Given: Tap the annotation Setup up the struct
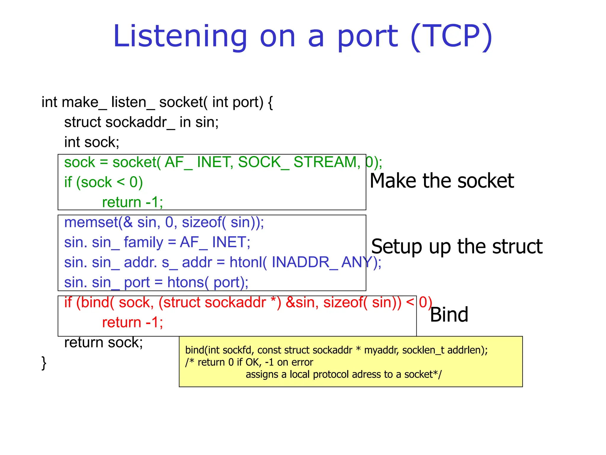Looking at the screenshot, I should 457,246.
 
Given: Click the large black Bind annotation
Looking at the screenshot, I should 449,315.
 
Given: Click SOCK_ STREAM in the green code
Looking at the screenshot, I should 299,162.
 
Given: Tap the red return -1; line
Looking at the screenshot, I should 132,322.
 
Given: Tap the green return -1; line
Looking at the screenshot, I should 132,202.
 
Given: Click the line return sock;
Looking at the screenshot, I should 103,342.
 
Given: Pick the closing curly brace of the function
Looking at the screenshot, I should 44,363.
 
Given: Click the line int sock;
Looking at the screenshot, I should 91,142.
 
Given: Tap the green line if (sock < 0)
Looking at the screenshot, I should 103,182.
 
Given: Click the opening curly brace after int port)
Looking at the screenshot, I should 270,102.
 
